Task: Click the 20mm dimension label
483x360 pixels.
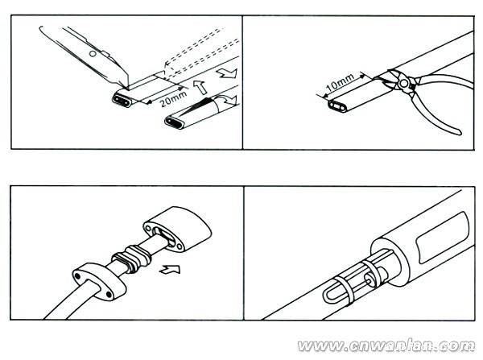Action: point(173,98)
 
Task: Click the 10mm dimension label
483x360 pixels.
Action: point(340,82)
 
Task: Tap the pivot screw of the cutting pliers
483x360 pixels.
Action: point(403,83)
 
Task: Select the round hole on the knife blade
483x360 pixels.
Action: point(93,54)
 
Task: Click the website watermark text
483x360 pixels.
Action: point(386,346)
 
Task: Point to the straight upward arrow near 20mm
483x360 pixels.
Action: point(200,87)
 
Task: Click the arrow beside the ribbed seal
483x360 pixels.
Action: point(170,269)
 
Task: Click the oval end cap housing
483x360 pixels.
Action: point(177,229)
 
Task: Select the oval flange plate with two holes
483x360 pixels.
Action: point(99,281)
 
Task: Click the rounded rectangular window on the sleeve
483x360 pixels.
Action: point(443,238)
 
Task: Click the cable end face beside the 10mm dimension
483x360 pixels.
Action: point(338,106)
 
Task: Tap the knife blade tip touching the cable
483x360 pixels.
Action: point(127,88)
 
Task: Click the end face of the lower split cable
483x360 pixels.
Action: point(175,122)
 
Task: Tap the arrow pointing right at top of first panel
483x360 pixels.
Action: point(227,73)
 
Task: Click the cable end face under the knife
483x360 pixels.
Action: point(122,99)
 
